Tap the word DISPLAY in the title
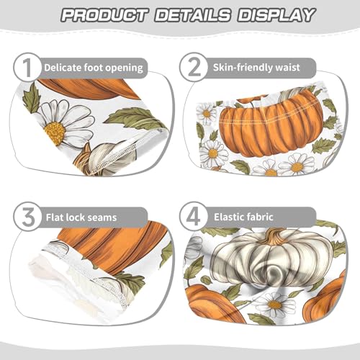[x=274, y=14]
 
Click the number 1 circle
[x=26, y=68]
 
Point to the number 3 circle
[x=26, y=215]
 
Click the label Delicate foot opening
[x=93, y=68]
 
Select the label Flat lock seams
[x=80, y=216]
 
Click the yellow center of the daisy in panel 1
[x=54, y=132]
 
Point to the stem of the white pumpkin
[x=274, y=235]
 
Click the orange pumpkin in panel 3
[x=108, y=248]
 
